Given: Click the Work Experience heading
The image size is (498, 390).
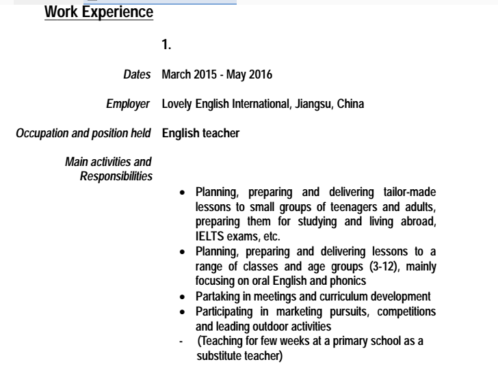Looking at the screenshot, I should [x=99, y=12].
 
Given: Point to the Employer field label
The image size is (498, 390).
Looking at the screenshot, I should [x=128, y=104].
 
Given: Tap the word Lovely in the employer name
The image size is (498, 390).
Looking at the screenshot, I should [x=176, y=104].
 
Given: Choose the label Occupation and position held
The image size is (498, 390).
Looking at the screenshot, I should [x=83, y=133].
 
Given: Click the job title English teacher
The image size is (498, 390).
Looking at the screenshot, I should [x=200, y=133].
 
